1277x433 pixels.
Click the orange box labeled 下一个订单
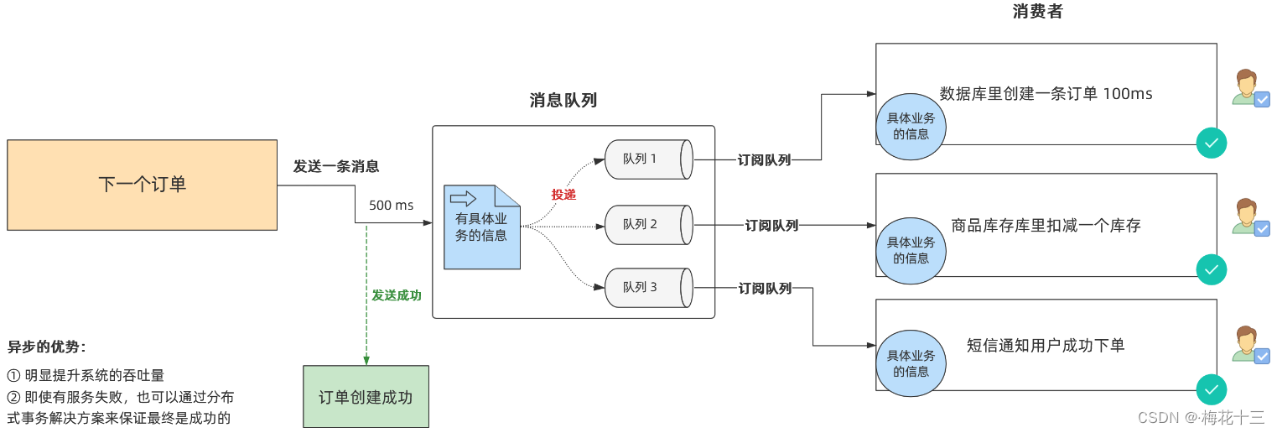coord(142,185)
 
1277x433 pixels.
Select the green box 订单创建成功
coord(366,397)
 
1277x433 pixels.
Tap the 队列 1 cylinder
coord(646,159)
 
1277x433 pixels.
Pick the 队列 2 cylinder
coord(646,225)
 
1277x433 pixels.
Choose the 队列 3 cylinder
coord(646,288)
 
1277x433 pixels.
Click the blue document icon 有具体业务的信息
coord(481,227)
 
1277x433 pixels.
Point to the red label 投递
coord(563,195)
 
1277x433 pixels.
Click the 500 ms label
coord(391,206)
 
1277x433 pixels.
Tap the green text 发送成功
coord(397,295)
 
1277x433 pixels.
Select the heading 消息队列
coord(563,101)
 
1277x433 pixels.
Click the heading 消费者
coord(1037,12)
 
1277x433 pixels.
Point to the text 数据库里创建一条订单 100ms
coord(1046,94)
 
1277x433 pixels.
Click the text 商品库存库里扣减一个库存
coord(1046,225)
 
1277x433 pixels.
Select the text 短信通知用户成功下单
coord(1046,345)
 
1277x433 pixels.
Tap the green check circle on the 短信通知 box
coord(1211,389)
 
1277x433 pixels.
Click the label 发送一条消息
coord(335,166)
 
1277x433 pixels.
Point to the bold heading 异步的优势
coord(47,347)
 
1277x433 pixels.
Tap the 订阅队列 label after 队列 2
coord(771,225)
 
